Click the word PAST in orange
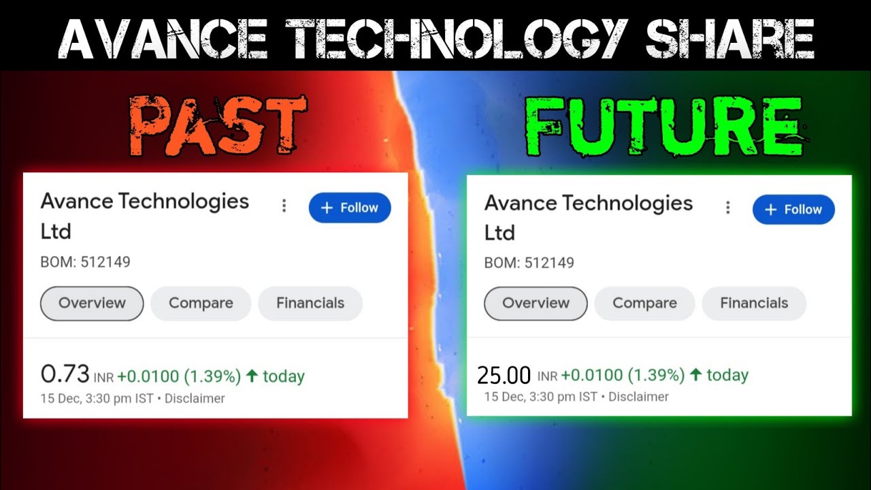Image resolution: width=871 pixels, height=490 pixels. [x=217, y=126]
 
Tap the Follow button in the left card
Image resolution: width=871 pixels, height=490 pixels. [x=350, y=208]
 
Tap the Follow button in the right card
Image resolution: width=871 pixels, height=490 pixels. [x=793, y=210]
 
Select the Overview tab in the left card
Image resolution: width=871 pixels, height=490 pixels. [x=92, y=304]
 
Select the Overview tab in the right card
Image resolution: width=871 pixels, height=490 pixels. [x=536, y=304]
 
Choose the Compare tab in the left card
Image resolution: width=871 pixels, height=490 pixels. [x=201, y=304]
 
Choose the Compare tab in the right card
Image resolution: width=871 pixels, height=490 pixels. [x=644, y=304]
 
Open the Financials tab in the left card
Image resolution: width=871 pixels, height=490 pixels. [x=310, y=304]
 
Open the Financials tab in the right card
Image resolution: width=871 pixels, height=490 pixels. [x=754, y=304]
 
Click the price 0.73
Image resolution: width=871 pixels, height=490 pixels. [x=65, y=374]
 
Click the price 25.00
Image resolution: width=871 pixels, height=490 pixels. [x=504, y=375]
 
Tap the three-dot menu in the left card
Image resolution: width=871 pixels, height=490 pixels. [x=284, y=206]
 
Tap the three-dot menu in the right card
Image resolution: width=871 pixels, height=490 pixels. [x=727, y=208]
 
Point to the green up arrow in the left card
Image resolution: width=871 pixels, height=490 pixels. [x=252, y=375]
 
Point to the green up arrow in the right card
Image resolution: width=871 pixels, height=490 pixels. [x=695, y=374]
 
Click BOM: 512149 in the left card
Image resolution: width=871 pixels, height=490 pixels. [x=85, y=262]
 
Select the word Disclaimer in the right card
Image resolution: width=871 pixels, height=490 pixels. [x=638, y=397]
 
